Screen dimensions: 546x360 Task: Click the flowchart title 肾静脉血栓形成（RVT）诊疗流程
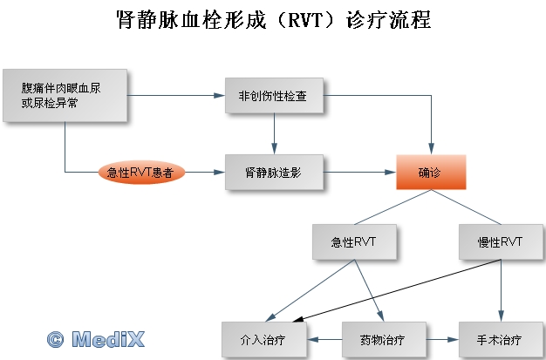pos(273,19)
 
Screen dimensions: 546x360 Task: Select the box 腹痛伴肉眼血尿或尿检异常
pos(65,95)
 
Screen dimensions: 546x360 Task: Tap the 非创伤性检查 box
pos(274,95)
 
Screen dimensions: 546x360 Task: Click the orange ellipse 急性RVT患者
pos(141,172)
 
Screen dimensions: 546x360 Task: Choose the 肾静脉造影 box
pos(274,172)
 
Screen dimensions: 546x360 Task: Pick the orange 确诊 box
pos(431,172)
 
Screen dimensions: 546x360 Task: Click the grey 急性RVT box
pos(354,241)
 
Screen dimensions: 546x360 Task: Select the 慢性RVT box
pos(501,241)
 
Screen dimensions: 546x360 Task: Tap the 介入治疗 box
pos(264,339)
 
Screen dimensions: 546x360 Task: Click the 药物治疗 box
pos(384,339)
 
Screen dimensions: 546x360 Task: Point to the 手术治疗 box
pos(501,339)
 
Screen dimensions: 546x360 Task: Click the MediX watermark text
pos(108,339)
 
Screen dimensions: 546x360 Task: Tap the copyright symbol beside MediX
pos(55,339)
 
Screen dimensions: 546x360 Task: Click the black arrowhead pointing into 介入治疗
pos(297,319)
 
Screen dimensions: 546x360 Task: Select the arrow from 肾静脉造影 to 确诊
pos(359,172)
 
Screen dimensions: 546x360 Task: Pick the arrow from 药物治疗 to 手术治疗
pos(442,339)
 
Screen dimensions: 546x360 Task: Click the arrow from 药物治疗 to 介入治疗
pos(324,339)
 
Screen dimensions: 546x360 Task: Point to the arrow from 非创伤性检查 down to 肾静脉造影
pos(274,133)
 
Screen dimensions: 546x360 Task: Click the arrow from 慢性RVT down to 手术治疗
pos(501,290)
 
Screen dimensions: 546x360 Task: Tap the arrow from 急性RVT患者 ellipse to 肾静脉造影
pos(205,172)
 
